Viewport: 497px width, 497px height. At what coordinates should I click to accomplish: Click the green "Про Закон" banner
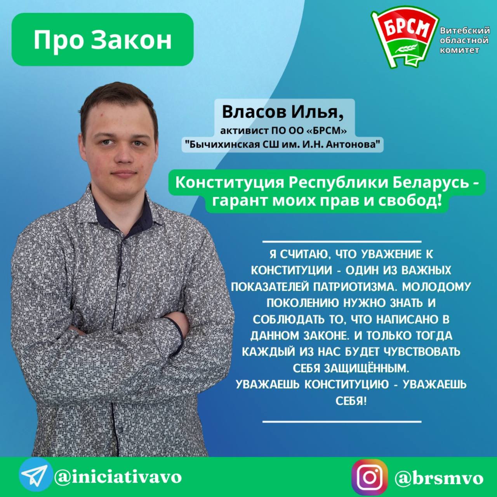[103, 40]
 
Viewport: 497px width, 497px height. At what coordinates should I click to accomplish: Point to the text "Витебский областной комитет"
[465, 40]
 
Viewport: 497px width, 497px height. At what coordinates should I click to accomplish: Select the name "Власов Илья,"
[283, 113]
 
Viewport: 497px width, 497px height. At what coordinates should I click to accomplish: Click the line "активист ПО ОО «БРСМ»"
[283, 131]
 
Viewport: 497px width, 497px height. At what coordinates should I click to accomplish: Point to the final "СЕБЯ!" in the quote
[351, 401]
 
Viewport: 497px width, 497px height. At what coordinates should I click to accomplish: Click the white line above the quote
[342, 242]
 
